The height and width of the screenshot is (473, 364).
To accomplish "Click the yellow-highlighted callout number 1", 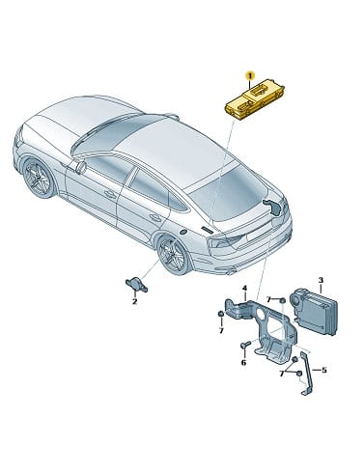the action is [x=249, y=76].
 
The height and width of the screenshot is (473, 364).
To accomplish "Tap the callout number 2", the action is [x=134, y=301].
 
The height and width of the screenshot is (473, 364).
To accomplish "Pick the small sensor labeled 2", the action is [x=136, y=285].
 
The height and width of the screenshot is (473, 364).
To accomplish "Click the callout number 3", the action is [x=321, y=280].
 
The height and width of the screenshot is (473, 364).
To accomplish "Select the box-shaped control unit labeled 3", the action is [x=314, y=312].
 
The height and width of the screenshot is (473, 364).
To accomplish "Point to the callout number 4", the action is [x=244, y=288].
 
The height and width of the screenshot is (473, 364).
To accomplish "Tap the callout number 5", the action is [x=323, y=370].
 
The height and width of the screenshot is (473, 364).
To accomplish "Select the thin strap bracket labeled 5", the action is [x=306, y=374].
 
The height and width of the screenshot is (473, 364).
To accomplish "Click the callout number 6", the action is [x=243, y=363].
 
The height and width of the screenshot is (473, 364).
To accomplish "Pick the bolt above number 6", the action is [x=245, y=346].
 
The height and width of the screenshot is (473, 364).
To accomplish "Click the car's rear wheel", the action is [x=174, y=254].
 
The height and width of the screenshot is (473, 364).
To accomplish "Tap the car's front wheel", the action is [x=40, y=178].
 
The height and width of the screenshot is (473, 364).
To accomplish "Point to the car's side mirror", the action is [x=79, y=167].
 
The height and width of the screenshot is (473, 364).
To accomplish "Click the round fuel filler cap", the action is [x=182, y=232].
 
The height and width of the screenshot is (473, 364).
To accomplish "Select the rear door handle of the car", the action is [x=155, y=218].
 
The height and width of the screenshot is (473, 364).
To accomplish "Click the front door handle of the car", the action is [x=110, y=194].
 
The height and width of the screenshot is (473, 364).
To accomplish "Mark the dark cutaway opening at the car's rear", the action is [x=273, y=207].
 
